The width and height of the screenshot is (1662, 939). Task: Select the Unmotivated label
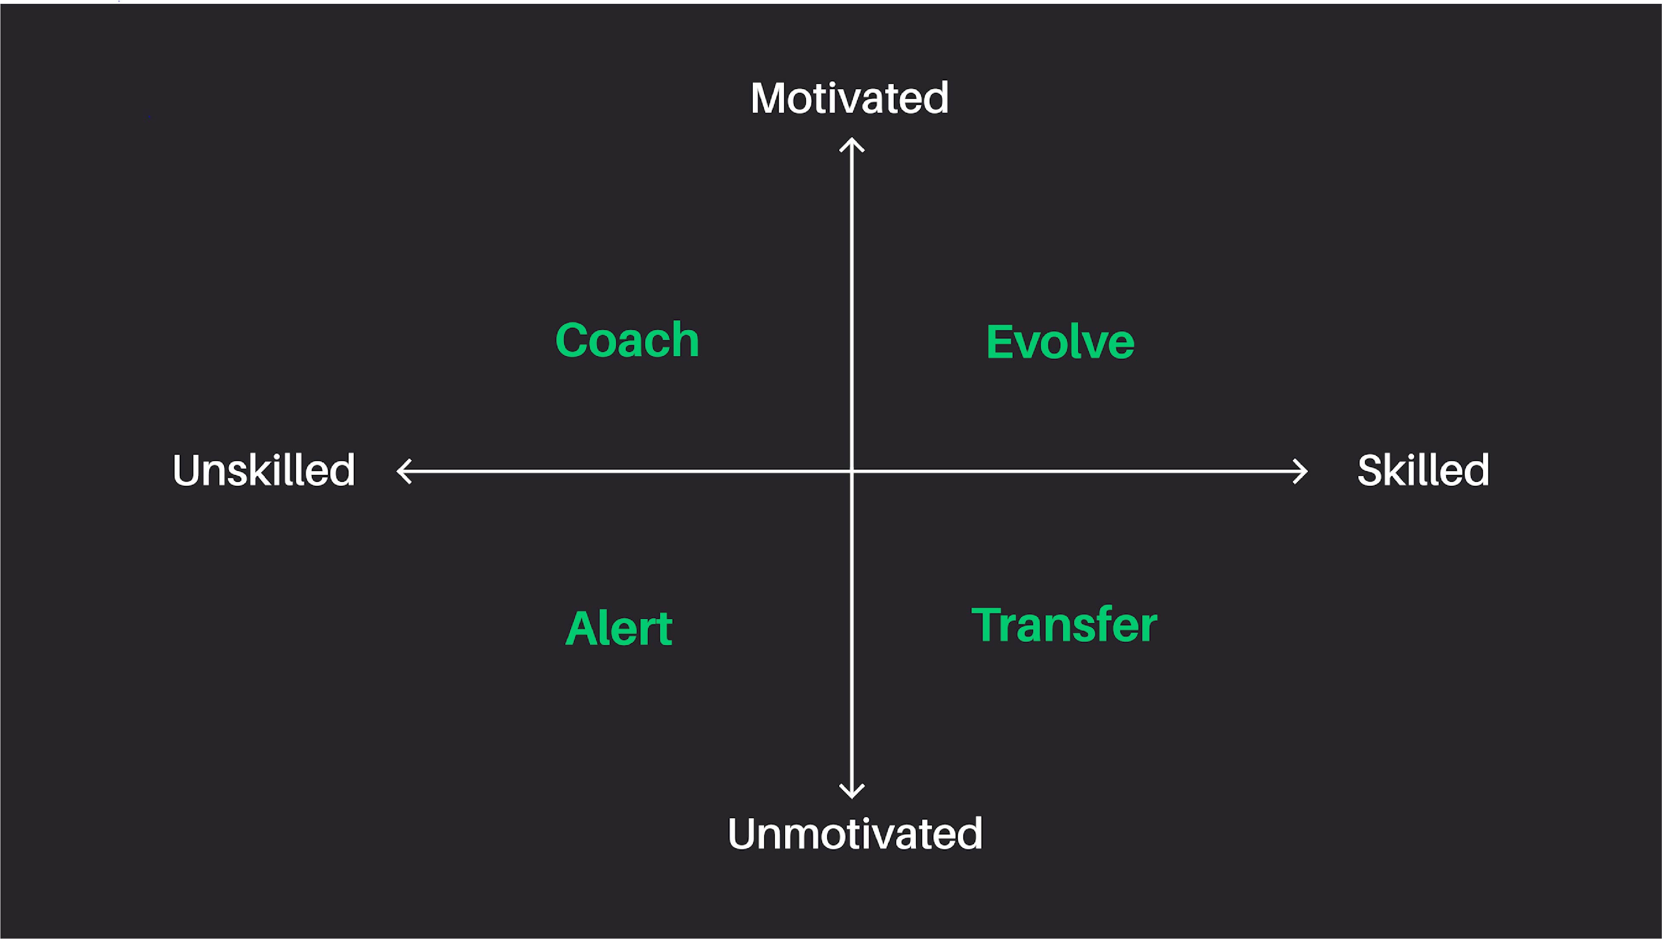point(855,834)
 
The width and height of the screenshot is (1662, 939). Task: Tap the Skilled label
point(1423,470)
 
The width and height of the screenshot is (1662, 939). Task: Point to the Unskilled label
point(264,470)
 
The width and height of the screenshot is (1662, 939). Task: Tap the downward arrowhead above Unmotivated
point(852,792)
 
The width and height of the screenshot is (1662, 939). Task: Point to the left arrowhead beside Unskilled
point(403,471)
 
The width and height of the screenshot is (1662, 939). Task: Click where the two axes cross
point(852,471)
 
